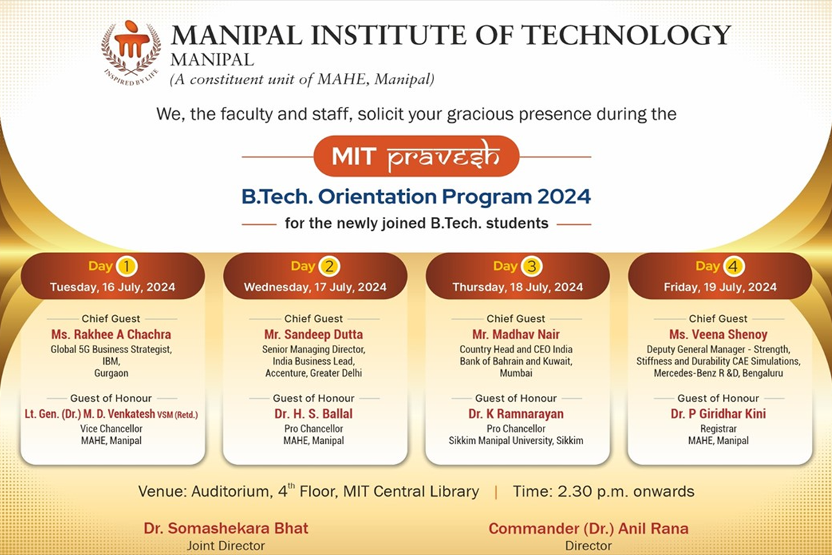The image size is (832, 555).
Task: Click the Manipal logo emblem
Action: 131,53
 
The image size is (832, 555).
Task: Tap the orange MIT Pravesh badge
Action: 416,156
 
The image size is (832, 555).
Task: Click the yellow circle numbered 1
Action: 127,266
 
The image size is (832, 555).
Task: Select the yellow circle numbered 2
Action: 329,266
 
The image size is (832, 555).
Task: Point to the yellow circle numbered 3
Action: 532,266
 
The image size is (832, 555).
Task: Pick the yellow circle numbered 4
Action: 734,266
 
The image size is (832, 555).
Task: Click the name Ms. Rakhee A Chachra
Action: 111,334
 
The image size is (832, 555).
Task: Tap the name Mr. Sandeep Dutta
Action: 313,334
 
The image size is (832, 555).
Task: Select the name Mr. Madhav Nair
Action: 516,334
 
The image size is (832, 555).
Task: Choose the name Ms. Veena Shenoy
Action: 718,334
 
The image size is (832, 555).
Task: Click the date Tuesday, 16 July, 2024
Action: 112,287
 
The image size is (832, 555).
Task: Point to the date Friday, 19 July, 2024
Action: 720,287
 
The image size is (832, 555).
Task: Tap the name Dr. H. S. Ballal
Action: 313,413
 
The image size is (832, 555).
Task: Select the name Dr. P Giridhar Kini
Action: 718,413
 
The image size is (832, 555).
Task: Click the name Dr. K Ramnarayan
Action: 516,413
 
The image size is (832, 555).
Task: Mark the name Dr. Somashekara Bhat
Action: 226,528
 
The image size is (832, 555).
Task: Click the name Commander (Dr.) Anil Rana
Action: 589,529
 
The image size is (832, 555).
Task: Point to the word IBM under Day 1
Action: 111,361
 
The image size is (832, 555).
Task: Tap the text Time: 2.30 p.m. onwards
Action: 604,491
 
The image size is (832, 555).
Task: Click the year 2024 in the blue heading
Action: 564,196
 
